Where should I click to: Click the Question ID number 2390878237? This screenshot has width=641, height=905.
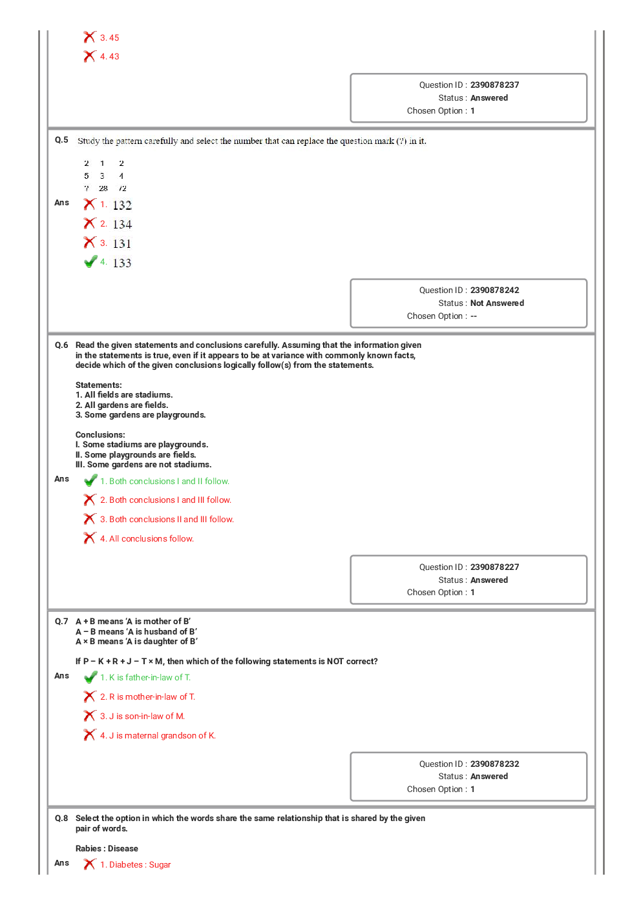click(x=494, y=85)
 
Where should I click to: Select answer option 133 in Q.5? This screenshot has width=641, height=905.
click(x=121, y=263)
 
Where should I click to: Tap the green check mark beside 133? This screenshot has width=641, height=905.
click(x=90, y=262)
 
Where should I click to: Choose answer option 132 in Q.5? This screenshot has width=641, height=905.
click(x=121, y=205)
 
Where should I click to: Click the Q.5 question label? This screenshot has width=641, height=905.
click(x=61, y=140)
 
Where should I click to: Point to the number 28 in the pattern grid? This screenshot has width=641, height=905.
click(x=103, y=188)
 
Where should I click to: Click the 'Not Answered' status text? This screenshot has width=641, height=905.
click(x=497, y=303)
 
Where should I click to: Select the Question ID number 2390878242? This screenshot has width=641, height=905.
click(x=494, y=290)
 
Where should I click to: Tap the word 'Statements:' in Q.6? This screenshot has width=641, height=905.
click(x=98, y=385)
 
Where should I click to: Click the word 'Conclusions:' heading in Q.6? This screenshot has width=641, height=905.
click(x=100, y=435)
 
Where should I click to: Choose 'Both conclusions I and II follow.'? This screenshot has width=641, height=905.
click(x=169, y=482)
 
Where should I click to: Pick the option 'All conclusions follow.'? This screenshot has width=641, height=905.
click(x=151, y=539)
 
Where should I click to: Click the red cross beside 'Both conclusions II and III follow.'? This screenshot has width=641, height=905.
click(x=90, y=519)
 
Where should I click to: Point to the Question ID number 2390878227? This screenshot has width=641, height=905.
click(x=494, y=567)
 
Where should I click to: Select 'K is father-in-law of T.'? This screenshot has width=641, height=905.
click(x=149, y=678)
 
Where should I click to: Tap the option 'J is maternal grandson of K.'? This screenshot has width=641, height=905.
click(x=162, y=736)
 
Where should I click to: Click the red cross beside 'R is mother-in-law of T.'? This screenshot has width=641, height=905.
click(x=90, y=697)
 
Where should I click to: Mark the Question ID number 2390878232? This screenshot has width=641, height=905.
click(x=494, y=764)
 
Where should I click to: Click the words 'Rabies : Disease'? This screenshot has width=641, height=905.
click(x=107, y=849)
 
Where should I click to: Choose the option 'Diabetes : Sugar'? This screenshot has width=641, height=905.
click(x=140, y=865)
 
